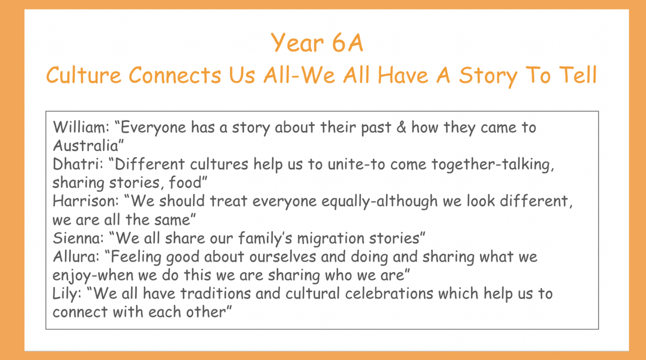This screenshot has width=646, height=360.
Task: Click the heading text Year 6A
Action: pos(317,43)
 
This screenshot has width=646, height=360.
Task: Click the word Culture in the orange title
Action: pos(83,75)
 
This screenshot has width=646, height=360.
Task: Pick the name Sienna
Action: pos(78,238)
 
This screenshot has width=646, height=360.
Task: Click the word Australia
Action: pos(86,145)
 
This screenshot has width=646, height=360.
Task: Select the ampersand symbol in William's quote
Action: pos(401,127)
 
